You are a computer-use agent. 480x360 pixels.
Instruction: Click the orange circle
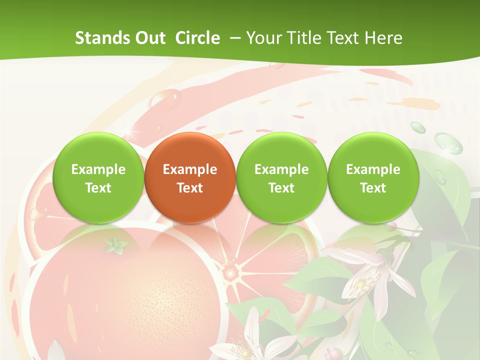tap(190, 177)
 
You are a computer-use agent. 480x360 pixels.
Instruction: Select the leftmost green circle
tap(98, 177)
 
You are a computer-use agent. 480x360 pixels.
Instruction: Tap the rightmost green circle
tap(373, 177)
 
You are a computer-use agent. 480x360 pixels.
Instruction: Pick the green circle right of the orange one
tap(281, 177)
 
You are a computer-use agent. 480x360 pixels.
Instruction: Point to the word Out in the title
tap(149, 38)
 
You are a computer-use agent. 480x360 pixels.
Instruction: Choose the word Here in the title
tap(383, 38)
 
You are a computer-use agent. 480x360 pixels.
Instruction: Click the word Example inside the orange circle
tap(190, 169)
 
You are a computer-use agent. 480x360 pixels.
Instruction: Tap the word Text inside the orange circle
tap(190, 188)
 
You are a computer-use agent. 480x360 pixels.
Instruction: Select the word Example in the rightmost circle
tap(373, 169)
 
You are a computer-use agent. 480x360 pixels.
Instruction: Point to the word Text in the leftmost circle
tap(98, 188)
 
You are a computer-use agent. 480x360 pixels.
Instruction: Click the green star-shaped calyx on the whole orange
tap(116, 245)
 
